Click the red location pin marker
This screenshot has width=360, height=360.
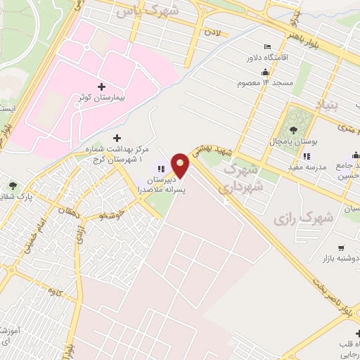coord(182,165)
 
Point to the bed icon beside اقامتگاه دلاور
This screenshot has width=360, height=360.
coord(257,58)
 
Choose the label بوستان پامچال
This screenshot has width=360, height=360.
coord(294,141)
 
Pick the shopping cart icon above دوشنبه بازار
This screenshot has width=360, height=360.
coord(342,247)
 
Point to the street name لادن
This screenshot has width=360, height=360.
coord(213,34)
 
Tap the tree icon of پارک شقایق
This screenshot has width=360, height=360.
coord(13,186)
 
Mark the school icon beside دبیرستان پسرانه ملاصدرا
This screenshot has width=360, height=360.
coord(161,169)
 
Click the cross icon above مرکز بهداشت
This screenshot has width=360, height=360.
coord(117,138)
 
